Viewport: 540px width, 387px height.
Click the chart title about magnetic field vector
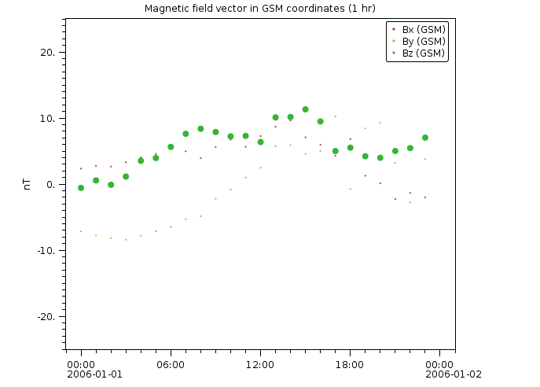(x=259, y=9)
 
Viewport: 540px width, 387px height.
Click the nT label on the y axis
(x=28, y=184)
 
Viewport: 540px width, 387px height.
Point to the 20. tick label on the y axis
(x=49, y=53)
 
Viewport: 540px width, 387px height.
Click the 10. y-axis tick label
(x=49, y=119)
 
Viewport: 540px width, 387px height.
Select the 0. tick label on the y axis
(x=52, y=185)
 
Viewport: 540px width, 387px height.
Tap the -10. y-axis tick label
(x=47, y=251)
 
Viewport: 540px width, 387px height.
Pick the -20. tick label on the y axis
(x=47, y=316)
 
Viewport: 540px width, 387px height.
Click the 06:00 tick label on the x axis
(x=171, y=364)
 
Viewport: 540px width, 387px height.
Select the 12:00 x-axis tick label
(x=260, y=364)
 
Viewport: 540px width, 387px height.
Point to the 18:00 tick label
(x=350, y=364)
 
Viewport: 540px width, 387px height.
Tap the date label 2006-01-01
(x=95, y=374)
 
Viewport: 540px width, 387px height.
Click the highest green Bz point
(x=305, y=109)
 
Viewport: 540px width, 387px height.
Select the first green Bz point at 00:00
(x=81, y=188)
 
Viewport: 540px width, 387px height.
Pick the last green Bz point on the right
(x=425, y=138)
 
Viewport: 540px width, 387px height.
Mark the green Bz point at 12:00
(x=260, y=142)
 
